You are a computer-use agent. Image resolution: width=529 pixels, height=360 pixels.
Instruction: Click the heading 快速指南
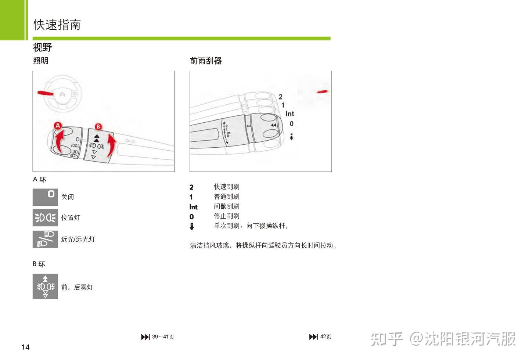tap(57, 25)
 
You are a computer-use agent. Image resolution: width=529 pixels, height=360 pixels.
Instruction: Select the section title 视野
tap(43, 47)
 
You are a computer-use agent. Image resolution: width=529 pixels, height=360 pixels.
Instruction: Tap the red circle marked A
tap(58, 126)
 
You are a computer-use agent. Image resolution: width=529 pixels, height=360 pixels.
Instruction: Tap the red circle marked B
tap(98, 127)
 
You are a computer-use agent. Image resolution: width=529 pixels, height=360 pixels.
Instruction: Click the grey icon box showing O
tap(45, 197)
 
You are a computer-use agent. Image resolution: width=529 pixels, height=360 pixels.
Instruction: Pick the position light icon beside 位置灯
tap(45, 217)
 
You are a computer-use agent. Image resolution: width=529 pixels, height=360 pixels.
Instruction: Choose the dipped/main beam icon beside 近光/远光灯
tap(45, 239)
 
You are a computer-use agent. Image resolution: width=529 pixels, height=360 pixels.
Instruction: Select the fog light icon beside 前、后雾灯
tap(45, 286)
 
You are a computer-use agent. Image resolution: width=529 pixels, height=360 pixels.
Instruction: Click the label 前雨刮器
tap(206, 61)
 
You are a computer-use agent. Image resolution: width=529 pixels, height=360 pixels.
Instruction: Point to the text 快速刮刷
tap(227, 187)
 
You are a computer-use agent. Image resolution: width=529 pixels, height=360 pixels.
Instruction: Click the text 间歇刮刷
tap(227, 206)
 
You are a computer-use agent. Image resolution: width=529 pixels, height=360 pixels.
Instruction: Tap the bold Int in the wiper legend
tap(193, 207)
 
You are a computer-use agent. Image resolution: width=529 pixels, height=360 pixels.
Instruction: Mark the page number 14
tap(25, 347)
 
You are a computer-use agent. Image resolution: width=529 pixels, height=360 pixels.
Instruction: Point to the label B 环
tap(39, 264)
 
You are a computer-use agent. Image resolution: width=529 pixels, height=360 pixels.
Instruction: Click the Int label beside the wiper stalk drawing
tap(290, 114)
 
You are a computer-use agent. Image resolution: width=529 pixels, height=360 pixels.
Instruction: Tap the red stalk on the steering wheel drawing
tap(45, 93)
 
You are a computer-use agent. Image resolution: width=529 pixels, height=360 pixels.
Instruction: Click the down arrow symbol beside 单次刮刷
tap(192, 226)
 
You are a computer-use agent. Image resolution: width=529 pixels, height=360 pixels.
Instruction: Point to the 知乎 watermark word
tap(386, 339)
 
